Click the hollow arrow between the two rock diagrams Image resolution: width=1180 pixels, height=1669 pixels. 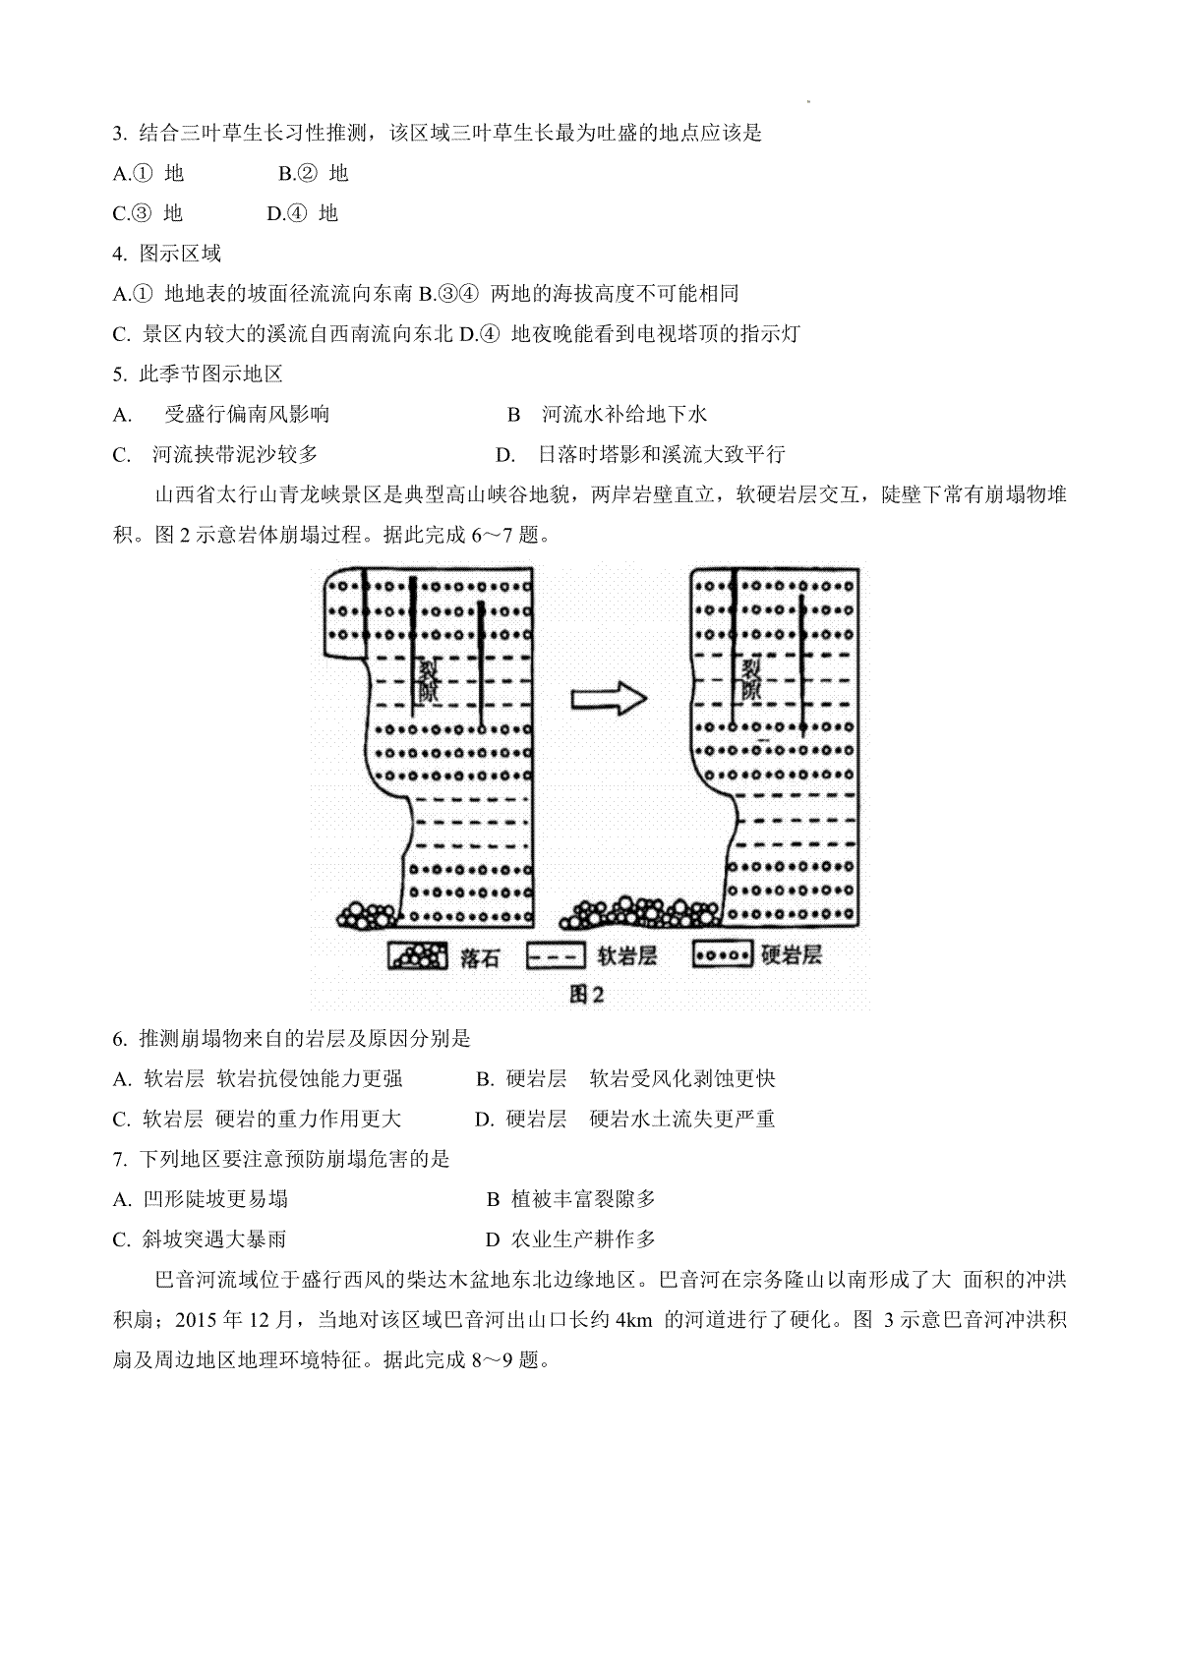609,699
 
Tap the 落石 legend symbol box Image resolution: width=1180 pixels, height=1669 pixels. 418,956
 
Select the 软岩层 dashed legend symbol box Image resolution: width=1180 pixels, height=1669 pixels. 556,956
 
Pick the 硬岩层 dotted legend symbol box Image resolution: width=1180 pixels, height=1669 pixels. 723,955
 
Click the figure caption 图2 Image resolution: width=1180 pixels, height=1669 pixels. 586,994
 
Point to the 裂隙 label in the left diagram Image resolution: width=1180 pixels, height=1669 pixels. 428,681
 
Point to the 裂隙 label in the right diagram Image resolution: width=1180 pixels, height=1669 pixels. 750,679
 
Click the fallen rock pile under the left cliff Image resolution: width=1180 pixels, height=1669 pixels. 367,916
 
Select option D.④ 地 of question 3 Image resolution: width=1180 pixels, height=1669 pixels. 303,214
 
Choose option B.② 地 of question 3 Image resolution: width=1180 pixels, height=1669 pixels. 314,174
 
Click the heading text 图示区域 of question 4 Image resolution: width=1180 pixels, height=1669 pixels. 180,254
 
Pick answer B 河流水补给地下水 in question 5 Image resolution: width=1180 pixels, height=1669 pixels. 608,414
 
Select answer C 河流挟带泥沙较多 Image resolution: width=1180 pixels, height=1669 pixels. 215,454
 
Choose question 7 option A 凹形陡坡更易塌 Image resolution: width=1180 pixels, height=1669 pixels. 201,1199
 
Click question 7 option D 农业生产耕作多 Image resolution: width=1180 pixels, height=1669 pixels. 571,1239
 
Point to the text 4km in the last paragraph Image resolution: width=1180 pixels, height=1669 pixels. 633,1320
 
